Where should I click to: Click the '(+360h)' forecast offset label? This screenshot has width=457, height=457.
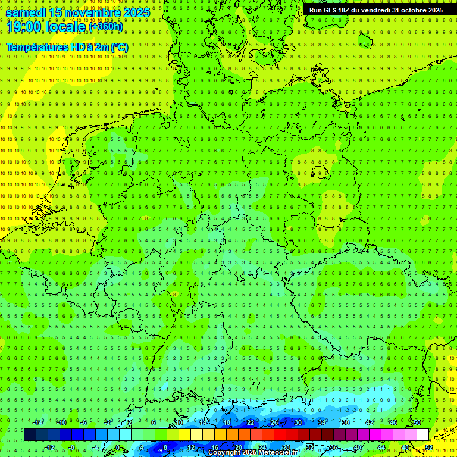tap(106, 27)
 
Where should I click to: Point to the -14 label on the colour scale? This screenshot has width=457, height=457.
tap(37, 422)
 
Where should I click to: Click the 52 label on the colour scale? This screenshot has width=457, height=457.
tap(429, 447)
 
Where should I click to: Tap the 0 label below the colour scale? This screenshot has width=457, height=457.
tap(118, 447)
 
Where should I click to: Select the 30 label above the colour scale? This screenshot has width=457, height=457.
tap(298, 422)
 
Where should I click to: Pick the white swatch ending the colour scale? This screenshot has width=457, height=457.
tap(422, 434)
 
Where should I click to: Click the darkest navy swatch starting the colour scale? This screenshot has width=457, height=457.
tap(30, 434)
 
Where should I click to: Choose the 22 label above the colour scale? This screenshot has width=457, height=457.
tap(250, 422)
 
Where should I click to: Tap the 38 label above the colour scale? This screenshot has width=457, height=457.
tap(346, 422)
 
